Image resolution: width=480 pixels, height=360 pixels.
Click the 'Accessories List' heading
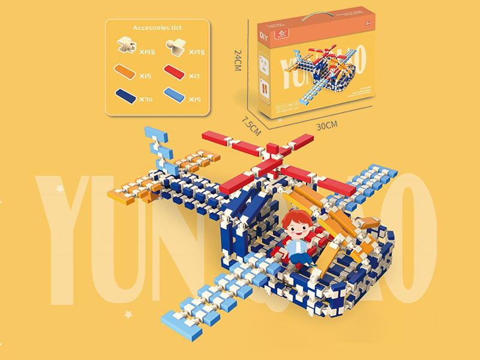[x=158, y=28]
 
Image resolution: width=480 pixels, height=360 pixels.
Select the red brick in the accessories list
[x=175, y=73]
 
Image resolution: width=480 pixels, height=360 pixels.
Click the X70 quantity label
[x=146, y=98]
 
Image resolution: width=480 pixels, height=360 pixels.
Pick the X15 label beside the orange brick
[x=146, y=76]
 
